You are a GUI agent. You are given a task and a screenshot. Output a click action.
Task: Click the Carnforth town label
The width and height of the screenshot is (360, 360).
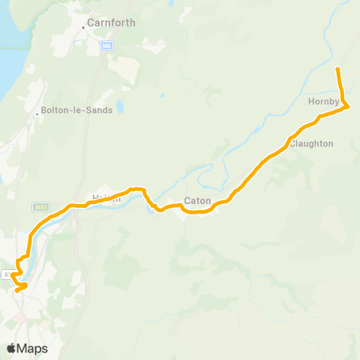point(111,22)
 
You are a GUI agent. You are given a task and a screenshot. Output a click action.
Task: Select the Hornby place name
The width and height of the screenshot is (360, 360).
point(324,100)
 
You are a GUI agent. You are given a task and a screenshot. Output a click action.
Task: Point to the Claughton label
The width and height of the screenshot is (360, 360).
point(311,143)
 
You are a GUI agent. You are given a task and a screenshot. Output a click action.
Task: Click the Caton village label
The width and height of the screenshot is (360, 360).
point(196,202)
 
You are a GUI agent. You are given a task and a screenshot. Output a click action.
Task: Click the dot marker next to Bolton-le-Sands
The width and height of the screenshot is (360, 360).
point(37,115)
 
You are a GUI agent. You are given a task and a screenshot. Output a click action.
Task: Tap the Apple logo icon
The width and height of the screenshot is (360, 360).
point(12,349)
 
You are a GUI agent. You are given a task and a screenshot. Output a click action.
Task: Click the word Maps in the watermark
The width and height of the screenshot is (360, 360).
point(33,349)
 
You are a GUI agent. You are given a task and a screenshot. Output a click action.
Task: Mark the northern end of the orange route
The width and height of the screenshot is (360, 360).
point(337,69)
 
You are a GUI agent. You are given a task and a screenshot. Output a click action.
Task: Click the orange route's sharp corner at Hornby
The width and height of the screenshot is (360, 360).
point(349,107)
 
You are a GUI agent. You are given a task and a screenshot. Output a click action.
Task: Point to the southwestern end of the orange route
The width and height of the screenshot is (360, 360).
point(16,289)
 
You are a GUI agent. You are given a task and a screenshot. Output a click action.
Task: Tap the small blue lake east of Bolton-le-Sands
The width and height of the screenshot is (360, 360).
point(161,96)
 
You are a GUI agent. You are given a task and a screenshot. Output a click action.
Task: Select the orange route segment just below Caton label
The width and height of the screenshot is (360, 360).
point(196,212)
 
